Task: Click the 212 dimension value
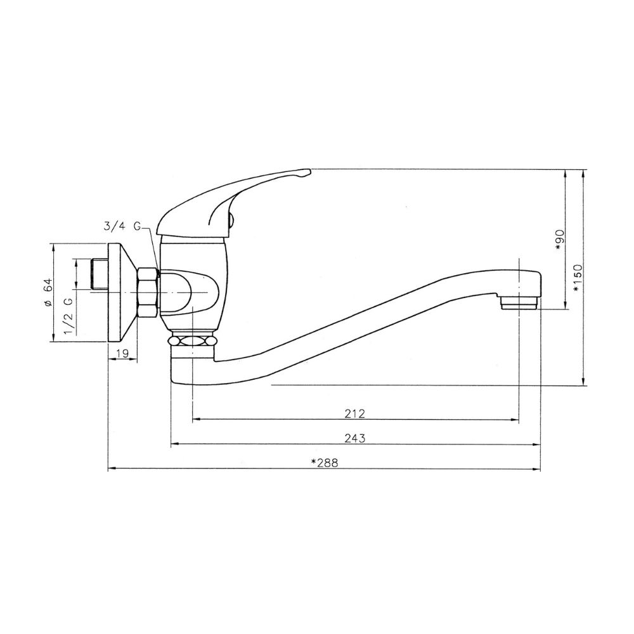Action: point(354,413)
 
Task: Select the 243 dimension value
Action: point(354,438)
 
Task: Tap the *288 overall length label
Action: point(325,463)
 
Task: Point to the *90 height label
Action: point(560,240)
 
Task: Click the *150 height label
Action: point(578,278)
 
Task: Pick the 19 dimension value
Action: point(122,353)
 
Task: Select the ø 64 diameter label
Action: point(48,292)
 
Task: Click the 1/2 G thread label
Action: point(68,316)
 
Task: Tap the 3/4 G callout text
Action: point(122,226)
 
